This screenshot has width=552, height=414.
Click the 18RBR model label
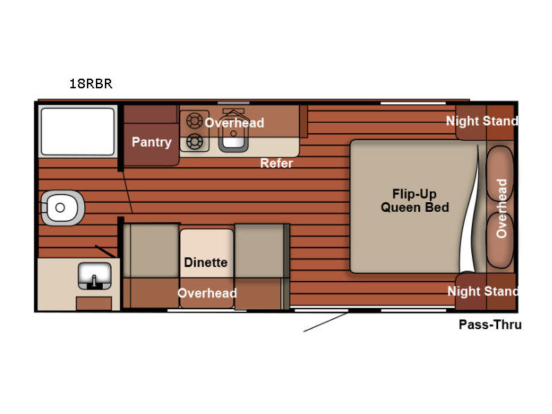tap(91, 83)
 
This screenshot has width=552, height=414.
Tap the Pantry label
tap(152, 142)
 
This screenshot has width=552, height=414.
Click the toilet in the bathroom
tap(63, 208)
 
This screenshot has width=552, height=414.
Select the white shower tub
tap(78, 131)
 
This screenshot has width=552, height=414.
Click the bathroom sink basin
tap(95, 275)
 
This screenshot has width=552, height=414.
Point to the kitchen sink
tap(233, 137)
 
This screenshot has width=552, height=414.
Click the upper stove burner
tap(195, 121)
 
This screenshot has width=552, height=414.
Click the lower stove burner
tap(195, 142)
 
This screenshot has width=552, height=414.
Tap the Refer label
tap(277, 163)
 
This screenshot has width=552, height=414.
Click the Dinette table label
tap(206, 262)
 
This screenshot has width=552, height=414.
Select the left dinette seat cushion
tap(151, 250)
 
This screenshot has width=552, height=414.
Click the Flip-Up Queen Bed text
tap(415, 201)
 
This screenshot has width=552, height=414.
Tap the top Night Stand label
tap(482, 121)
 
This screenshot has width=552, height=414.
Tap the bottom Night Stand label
tap(482, 291)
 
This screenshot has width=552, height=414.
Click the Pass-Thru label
tap(490, 324)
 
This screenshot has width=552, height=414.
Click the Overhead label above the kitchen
tap(234, 123)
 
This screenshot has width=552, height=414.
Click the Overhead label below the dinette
tap(207, 293)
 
